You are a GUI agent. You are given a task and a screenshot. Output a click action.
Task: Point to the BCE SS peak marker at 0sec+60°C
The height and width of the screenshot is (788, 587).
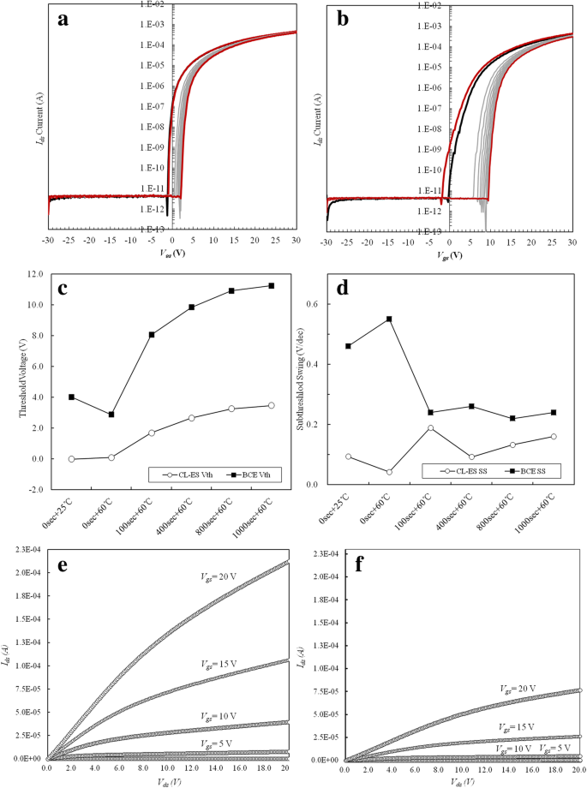tap(388, 319)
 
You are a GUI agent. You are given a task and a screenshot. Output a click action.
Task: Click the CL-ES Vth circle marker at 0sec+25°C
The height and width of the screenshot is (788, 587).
tap(72, 459)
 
